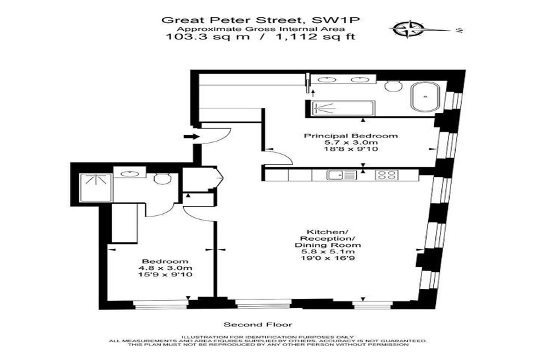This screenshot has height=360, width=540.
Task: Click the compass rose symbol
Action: point(407,29)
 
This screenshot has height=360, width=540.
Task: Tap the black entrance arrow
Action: point(192,137)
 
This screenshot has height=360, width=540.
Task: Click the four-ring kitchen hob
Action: point(387,175)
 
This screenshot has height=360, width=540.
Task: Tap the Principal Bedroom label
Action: point(350,136)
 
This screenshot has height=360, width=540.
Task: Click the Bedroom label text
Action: point(165,261)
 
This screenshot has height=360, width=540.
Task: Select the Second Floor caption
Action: point(258,324)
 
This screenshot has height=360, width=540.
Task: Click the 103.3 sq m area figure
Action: point(207,36)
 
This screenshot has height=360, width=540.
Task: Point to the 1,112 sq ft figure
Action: point(314,36)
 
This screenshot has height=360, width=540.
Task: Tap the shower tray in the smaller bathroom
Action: point(95,188)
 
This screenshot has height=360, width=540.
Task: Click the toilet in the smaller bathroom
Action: point(162,178)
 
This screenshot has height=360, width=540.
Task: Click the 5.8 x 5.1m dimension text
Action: point(327,252)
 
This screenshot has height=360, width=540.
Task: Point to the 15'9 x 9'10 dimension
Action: point(165,274)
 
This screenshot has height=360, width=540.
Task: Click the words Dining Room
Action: point(327,245)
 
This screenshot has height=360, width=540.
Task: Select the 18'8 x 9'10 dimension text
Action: point(350,149)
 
